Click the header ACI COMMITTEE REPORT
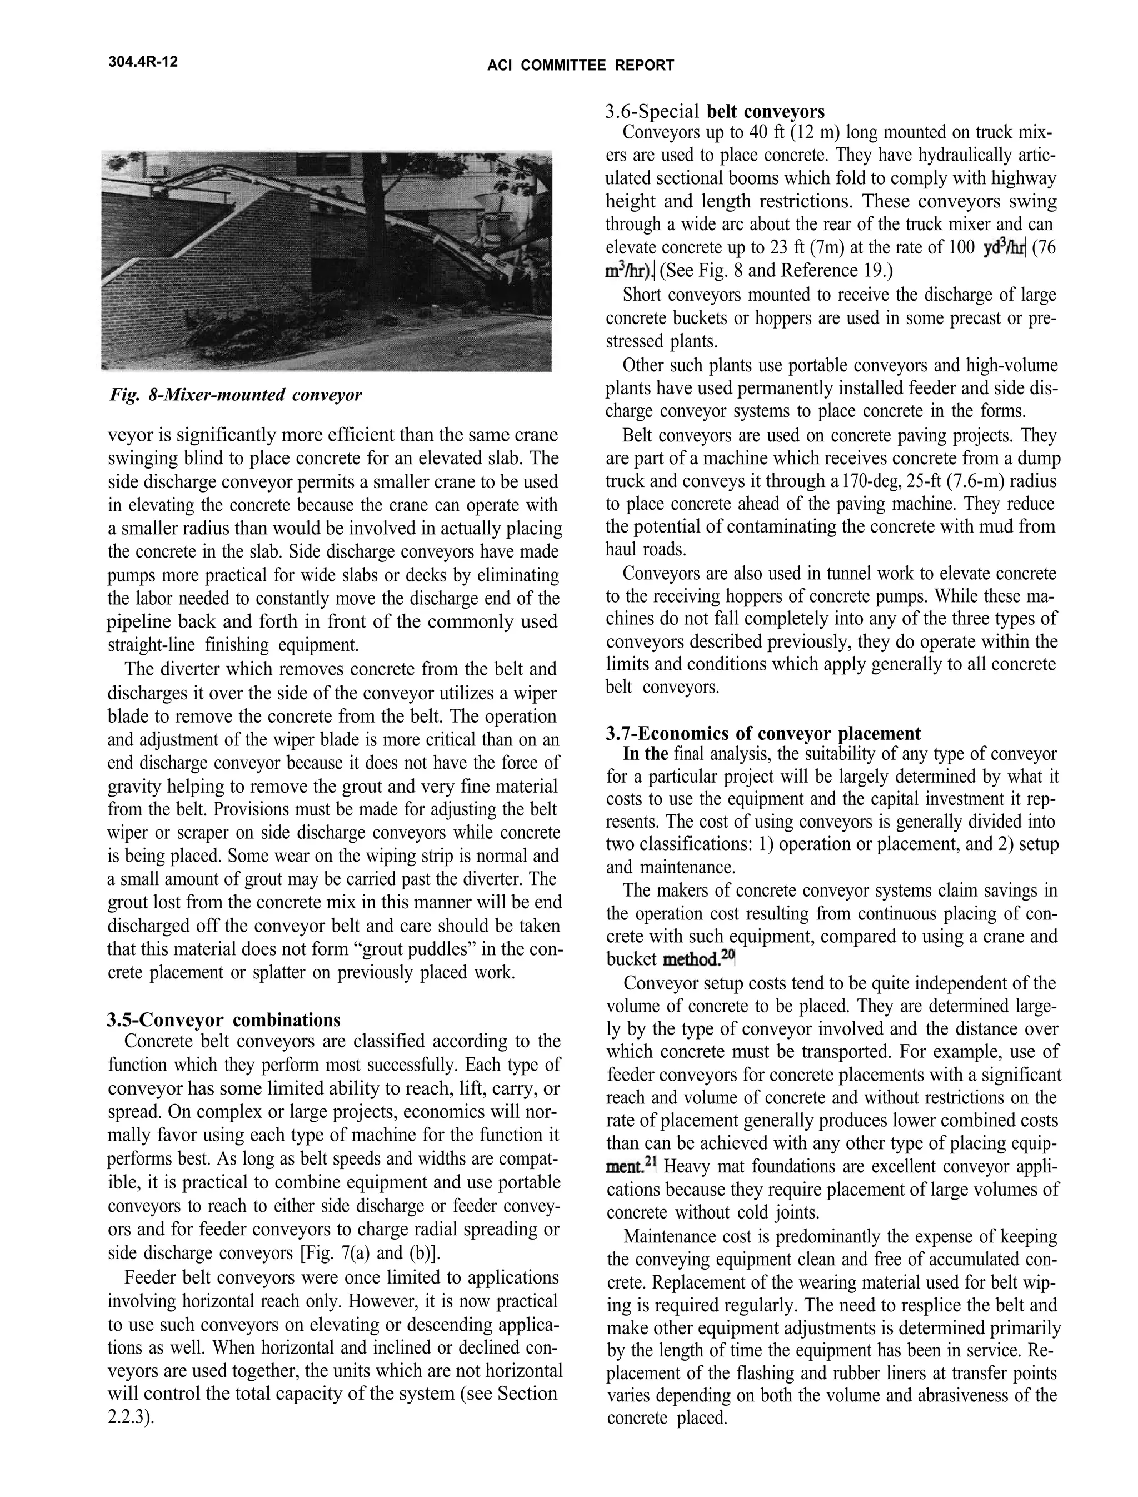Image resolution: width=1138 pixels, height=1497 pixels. [x=581, y=66]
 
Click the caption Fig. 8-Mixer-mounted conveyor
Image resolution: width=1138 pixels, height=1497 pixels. [x=235, y=395]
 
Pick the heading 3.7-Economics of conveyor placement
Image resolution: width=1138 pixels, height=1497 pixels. [x=763, y=733]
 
